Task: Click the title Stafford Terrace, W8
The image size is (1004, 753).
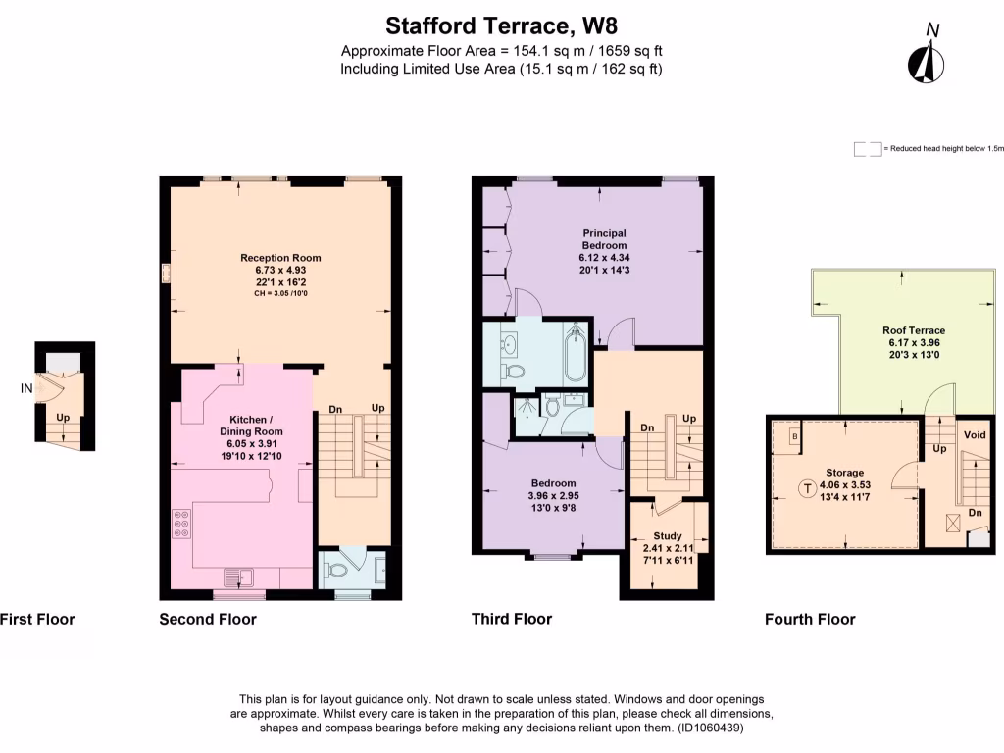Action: point(501,25)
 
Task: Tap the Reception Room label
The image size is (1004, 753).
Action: point(280,258)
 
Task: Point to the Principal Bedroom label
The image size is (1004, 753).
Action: point(603,239)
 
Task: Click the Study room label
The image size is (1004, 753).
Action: point(667,536)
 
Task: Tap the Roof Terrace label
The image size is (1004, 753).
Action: point(913,330)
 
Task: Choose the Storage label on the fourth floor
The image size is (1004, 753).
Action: point(844,473)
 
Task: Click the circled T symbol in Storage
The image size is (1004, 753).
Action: point(807,487)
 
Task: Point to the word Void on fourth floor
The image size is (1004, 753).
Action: point(975,434)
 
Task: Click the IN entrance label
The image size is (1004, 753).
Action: point(26,389)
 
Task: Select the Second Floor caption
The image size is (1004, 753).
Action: point(208,619)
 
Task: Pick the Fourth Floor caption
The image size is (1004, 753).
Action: point(810,619)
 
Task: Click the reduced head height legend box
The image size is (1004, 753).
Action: point(866,149)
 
